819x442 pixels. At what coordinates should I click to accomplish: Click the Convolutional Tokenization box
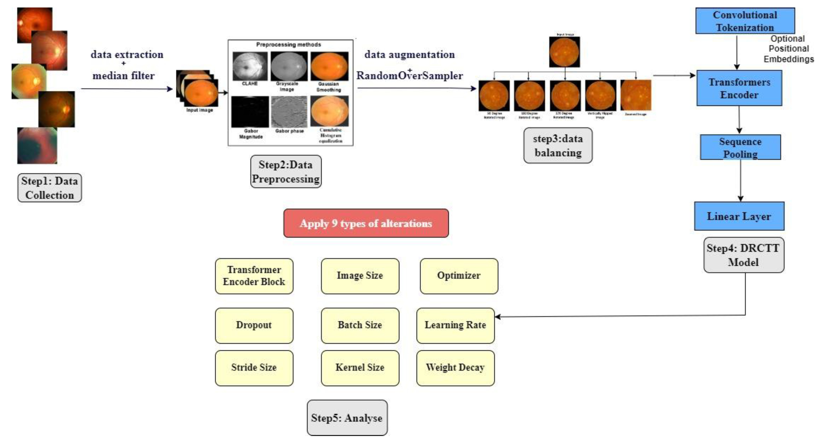745,21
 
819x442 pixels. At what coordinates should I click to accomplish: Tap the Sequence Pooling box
740,147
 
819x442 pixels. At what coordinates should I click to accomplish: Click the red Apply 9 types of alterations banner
366,223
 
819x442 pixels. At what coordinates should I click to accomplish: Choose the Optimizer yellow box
459,276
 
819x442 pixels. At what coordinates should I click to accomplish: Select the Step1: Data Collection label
50,188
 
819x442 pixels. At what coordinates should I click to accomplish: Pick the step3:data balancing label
558,146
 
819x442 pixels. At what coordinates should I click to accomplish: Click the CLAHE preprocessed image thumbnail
250,66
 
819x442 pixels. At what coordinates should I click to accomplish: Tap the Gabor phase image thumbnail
289,112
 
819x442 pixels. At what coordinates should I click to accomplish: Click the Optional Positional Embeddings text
788,49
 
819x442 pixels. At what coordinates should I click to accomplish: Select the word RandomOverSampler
409,76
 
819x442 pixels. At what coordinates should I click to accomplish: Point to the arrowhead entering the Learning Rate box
498,316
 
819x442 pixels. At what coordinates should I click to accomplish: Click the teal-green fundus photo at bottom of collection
37,146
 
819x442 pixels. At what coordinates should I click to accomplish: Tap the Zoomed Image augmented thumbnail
636,95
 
